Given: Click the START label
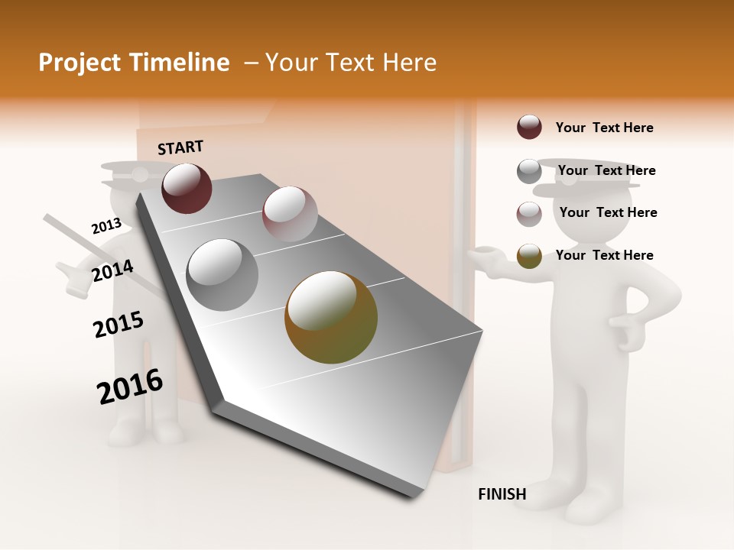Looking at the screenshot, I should click(180, 147).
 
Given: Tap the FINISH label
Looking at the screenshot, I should click(502, 494).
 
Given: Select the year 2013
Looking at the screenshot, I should click(106, 226).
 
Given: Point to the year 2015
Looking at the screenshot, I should click(119, 324).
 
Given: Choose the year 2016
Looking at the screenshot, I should click(130, 387).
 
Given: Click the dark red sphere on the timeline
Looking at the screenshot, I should click(187, 188).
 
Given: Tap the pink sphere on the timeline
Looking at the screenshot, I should click(290, 213).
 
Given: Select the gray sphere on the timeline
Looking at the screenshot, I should click(222, 274).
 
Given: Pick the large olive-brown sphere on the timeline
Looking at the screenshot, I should click(331, 317).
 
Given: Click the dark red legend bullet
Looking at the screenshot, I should click(529, 127).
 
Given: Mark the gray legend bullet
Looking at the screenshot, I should click(529, 171).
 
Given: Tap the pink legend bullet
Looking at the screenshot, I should click(529, 214).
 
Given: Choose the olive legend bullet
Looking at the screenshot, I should click(529, 256).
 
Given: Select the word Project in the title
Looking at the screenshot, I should click(79, 63).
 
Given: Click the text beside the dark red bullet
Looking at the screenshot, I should click(604, 128).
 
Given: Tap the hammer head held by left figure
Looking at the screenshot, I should click(73, 278).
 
